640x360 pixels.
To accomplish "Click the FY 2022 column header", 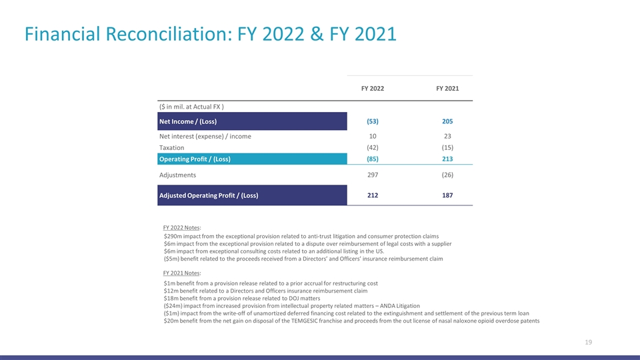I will tap(372, 89).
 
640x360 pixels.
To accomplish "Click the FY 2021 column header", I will tap(447, 89).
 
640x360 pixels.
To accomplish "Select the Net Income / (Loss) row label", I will tap(188, 121).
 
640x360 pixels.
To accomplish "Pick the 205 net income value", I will tap(447, 121).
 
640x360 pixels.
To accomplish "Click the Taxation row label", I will tap(172, 147).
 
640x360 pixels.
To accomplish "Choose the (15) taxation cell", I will tap(447, 147).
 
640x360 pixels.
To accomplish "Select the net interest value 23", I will tap(447, 136).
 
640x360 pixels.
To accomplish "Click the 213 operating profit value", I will tap(447, 159).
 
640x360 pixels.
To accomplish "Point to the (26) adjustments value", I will tap(447, 175).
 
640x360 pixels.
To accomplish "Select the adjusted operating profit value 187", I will tap(447, 195).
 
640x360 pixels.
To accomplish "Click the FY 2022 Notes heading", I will tap(181, 227).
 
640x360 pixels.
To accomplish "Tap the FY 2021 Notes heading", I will tap(181, 273).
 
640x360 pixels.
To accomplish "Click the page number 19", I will tap(588, 343).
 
